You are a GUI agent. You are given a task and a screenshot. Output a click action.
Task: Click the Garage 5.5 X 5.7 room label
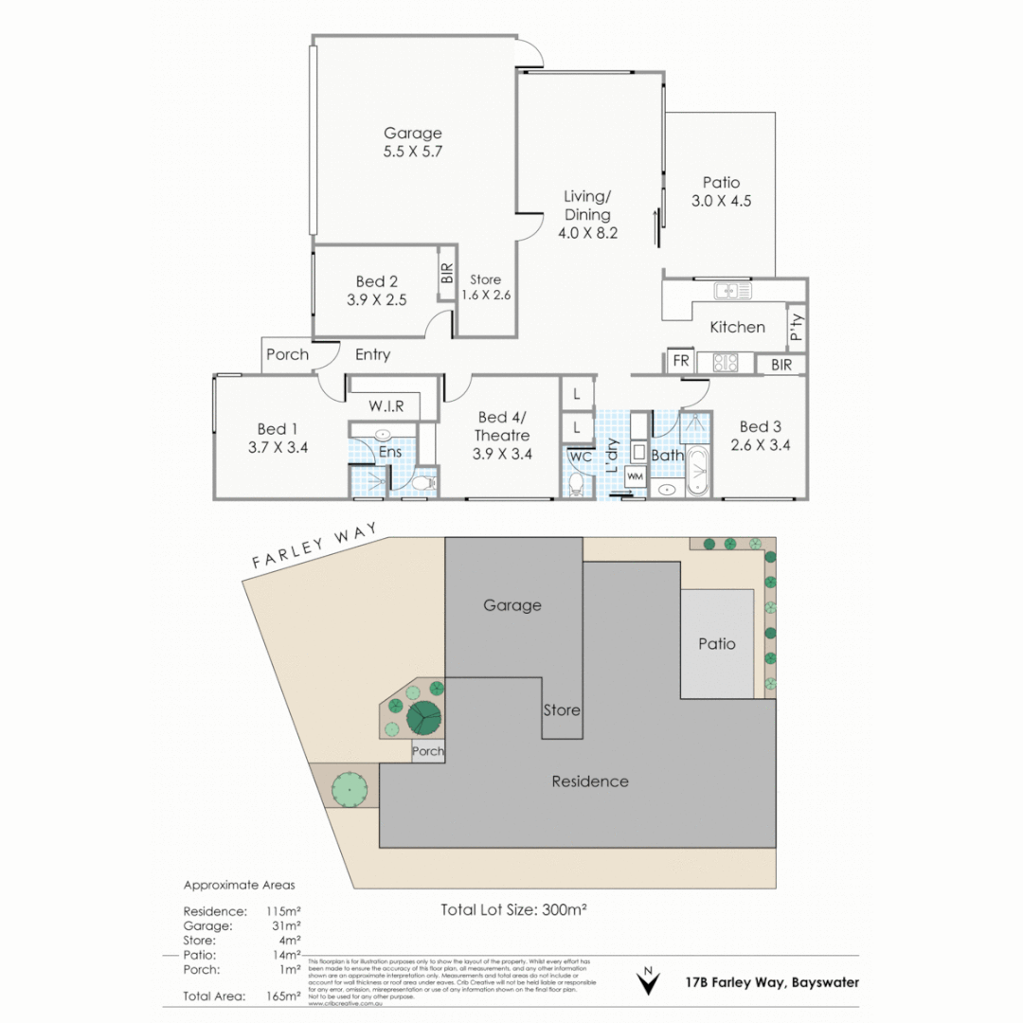(x=412, y=142)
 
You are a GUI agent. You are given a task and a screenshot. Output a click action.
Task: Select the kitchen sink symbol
(x=732, y=291)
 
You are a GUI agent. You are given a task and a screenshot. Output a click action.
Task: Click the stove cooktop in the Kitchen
(x=725, y=362)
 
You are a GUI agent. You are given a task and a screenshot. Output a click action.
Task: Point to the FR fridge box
(x=680, y=361)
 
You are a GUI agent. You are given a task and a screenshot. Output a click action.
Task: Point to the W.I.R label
(x=387, y=406)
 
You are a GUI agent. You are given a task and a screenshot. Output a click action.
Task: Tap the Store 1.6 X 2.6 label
(x=485, y=287)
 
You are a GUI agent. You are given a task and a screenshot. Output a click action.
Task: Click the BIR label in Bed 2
(x=447, y=275)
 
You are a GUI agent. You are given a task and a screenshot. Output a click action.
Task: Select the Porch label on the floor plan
(x=287, y=354)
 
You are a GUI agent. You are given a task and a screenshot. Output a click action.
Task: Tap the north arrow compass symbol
(x=648, y=982)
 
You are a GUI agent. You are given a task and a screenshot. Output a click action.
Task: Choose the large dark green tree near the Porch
(x=425, y=719)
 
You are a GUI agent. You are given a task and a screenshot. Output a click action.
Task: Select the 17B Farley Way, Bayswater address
(x=772, y=982)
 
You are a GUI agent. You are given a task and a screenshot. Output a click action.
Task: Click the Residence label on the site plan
(x=590, y=781)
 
